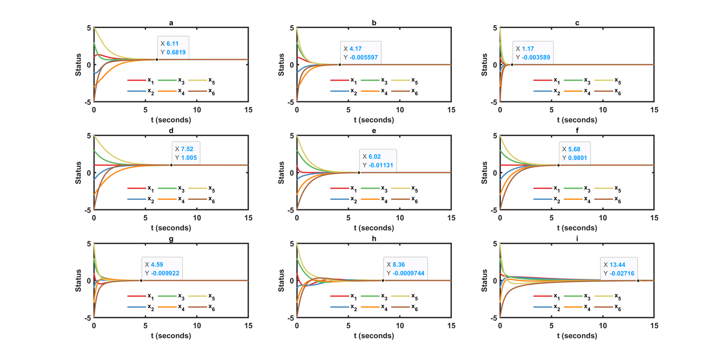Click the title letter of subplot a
pyautogui.click(x=171, y=23)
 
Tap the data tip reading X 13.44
pyautogui.click(x=619, y=269)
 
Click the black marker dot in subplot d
pyautogui.click(x=171, y=165)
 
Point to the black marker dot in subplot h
pyautogui.click(x=383, y=281)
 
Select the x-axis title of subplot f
pyautogui.click(x=577, y=227)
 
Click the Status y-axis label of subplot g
pyautogui.click(x=79, y=281)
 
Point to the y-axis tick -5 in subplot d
pyautogui.click(x=88, y=210)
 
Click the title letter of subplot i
pyautogui.click(x=577, y=238)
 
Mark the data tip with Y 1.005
pyautogui.click(x=189, y=153)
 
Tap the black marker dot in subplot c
pyautogui.click(x=512, y=65)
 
